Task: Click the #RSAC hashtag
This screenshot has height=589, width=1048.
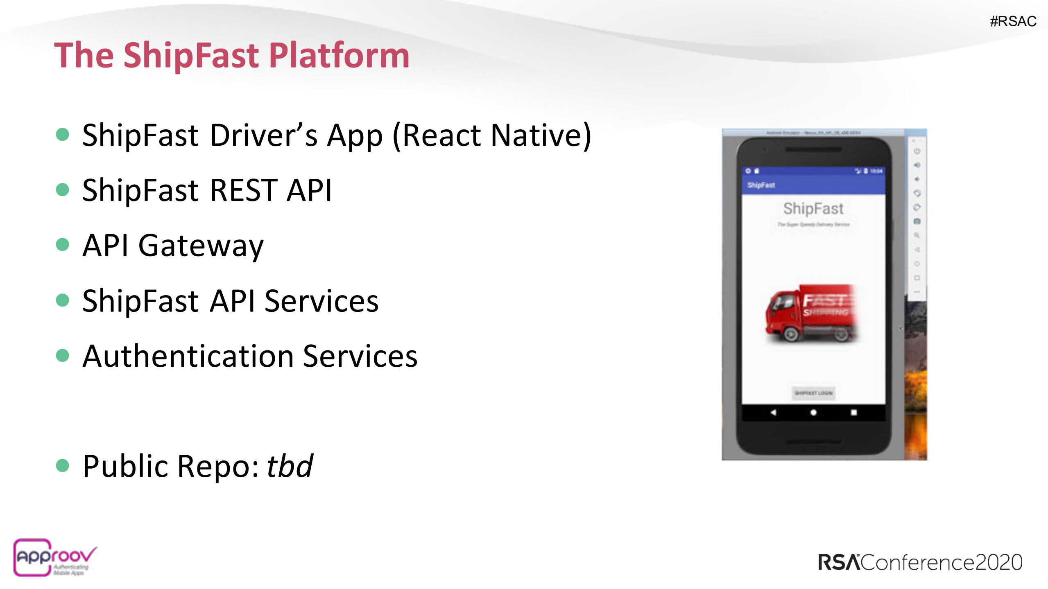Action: click(1013, 21)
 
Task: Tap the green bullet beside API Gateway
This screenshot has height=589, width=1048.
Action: click(62, 245)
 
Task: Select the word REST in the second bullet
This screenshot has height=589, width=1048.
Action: click(244, 190)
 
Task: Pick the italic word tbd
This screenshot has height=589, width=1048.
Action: click(290, 466)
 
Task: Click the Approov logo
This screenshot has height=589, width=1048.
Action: click(54, 557)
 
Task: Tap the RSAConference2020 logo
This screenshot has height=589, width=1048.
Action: click(920, 562)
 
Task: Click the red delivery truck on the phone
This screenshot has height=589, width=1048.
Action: click(811, 314)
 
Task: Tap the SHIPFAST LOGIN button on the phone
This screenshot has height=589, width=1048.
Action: click(813, 393)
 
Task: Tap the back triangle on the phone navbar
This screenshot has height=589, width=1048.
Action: click(773, 413)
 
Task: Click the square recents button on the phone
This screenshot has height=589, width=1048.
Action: click(853, 413)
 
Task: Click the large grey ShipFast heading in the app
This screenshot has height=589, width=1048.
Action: click(813, 208)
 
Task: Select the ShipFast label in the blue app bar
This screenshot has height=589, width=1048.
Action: click(761, 185)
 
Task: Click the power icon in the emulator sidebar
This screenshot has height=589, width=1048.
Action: click(917, 151)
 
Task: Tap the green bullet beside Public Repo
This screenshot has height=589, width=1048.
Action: click(62, 465)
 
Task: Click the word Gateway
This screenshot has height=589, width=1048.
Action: click(201, 246)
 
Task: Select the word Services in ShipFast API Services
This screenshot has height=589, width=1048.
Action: click(321, 301)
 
